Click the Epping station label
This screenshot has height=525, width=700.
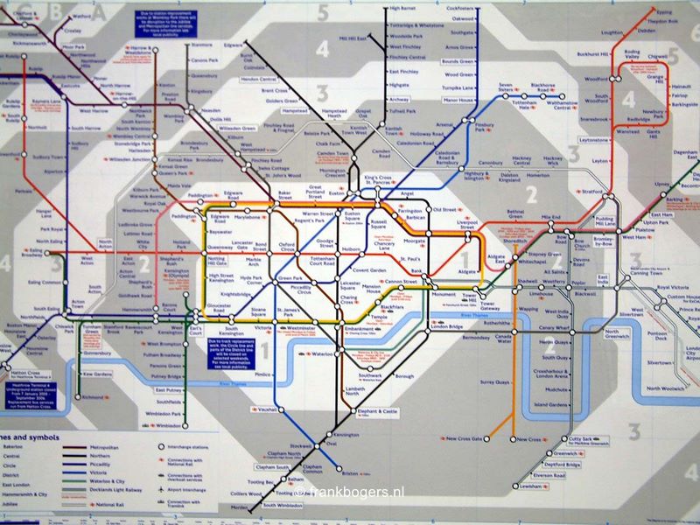pyautogui.click(x=665, y=12)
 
